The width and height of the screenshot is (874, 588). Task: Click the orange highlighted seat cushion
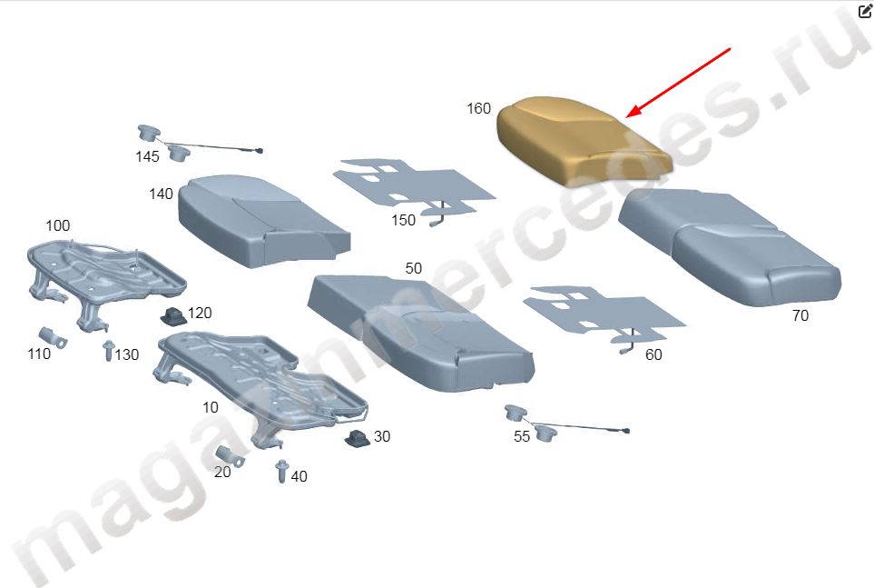click(583, 140)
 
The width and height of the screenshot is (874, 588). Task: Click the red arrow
click(678, 84)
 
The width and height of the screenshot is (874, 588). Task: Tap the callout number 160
click(479, 108)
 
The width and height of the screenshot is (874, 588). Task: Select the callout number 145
click(147, 157)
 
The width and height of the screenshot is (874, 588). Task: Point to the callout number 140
click(161, 194)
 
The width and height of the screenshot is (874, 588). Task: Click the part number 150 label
click(403, 220)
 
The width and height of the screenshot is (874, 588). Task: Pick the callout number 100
click(57, 225)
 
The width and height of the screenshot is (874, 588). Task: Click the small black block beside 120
click(172, 316)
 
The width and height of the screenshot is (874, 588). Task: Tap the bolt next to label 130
click(108, 351)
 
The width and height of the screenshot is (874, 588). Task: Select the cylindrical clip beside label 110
click(53, 337)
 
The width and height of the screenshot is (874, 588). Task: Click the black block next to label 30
click(357, 440)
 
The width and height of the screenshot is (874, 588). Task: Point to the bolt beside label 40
click(282, 472)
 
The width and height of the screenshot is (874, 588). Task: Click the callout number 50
click(414, 269)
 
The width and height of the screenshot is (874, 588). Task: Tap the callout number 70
click(800, 316)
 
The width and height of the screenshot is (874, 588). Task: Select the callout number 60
click(653, 354)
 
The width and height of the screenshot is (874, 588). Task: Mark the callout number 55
click(522, 436)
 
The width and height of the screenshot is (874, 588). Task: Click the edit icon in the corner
click(865, 10)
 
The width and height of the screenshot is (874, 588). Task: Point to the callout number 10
click(211, 408)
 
